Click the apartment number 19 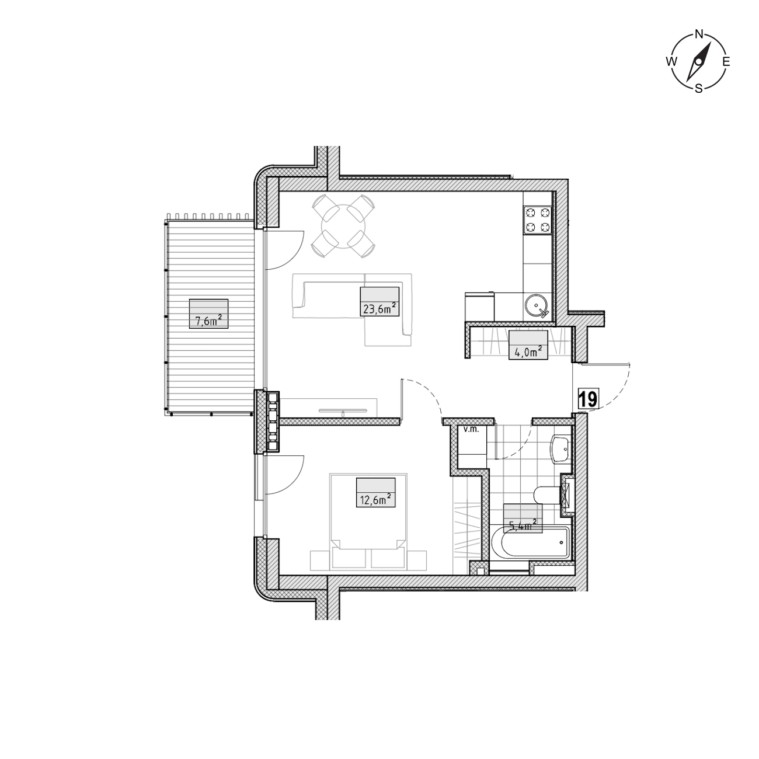point(588,400)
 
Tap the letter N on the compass point(699,34)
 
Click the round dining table point(343,227)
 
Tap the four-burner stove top point(537,220)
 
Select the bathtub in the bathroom point(531,543)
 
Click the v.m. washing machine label point(471,430)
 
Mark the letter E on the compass point(726,61)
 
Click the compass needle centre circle point(699,62)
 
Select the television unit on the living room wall point(343,411)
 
